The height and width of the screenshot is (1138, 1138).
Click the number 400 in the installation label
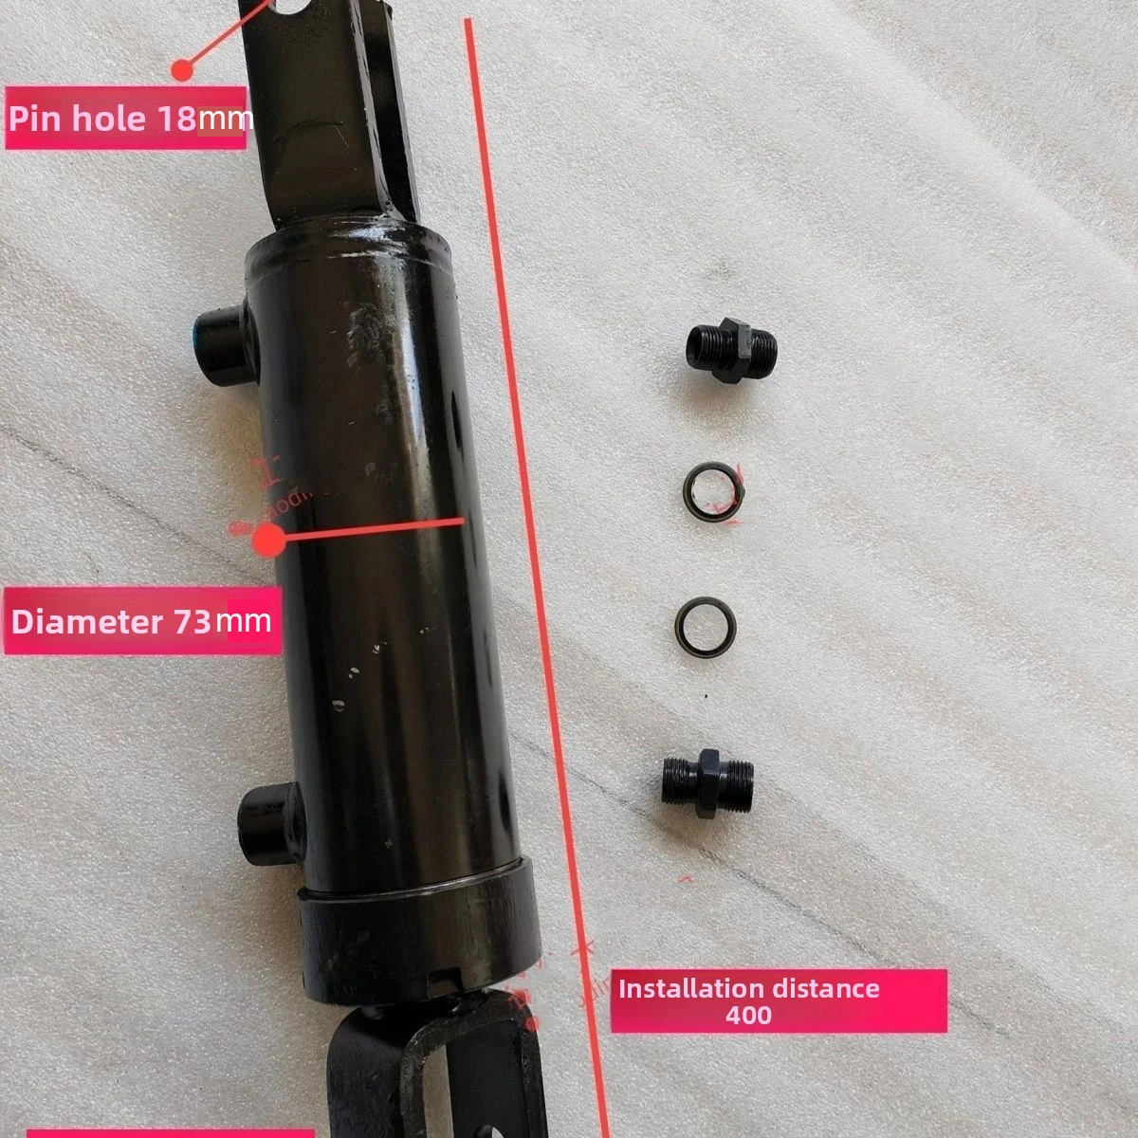pyautogui.click(x=748, y=1015)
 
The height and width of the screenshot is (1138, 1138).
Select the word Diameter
pyautogui.click(x=87, y=622)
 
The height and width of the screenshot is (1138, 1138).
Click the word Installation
pyautogui.click(x=679, y=988)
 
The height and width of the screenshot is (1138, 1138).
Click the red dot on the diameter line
pyautogui.click(x=269, y=540)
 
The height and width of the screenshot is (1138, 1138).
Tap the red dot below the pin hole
pyautogui.click(x=182, y=68)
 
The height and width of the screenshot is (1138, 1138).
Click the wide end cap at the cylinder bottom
pyautogui.click(x=417, y=939)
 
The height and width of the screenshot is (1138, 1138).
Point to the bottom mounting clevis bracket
pyautogui.click(x=427, y=1072)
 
